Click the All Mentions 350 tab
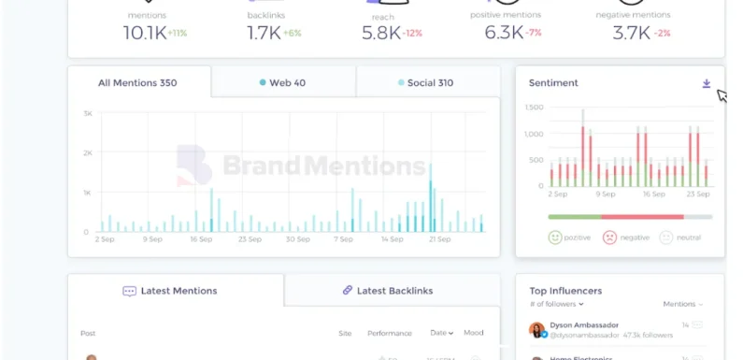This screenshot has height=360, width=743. tap(137, 82)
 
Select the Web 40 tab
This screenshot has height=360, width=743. tap(282, 82)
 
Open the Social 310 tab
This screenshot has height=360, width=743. tap(425, 82)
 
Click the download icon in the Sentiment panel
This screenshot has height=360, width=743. tap(707, 83)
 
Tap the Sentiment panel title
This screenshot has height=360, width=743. tap(553, 83)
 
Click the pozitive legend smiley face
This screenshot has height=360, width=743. tap(555, 238)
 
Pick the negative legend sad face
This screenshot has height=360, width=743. tap(609, 238)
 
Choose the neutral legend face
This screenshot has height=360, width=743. tap(666, 238)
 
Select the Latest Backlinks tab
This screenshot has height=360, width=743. tap(388, 291)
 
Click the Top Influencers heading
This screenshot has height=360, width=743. tap(565, 291)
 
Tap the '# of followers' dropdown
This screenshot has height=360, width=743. tap(556, 304)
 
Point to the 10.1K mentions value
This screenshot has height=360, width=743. tap(144, 33)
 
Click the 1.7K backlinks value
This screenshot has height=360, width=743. tap(264, 33)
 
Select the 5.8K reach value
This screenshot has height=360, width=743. tap(381, 33)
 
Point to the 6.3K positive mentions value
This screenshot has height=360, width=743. tap(505, 33)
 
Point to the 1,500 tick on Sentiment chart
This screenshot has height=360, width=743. tap(534, 108)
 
